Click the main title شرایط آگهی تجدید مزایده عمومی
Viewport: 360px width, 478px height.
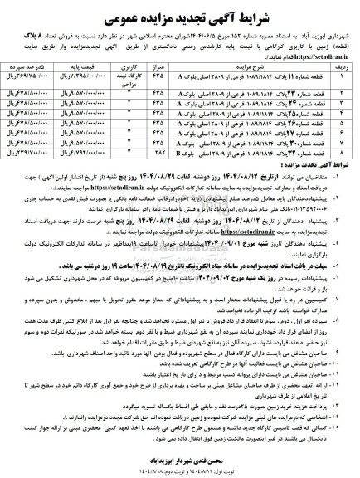tap(181, 12)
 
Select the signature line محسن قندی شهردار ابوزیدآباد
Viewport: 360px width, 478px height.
tap(181, 457)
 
